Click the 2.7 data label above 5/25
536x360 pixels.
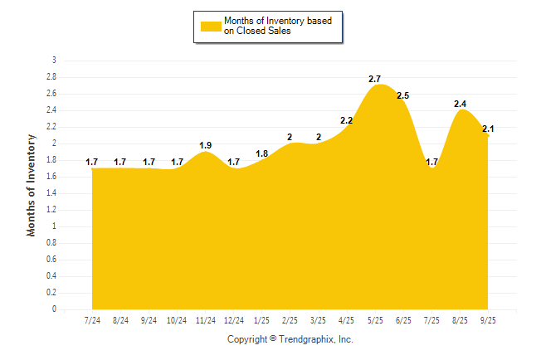[375, 79]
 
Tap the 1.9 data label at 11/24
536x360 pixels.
[205, 145]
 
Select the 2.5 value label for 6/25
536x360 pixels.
[403, 96]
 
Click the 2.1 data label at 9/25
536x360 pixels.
[488, 129]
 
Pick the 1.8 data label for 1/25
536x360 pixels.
[262, 153]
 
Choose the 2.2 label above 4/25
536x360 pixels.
[347, 121]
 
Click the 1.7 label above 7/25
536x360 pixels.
[432, 162]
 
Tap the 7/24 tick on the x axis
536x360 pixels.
[92, 320]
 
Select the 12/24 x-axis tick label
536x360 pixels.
[234, 320]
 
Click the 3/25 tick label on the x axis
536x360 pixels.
[319, 320]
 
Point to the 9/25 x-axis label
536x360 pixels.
[489, 320]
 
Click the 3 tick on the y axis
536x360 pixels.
[54, 61]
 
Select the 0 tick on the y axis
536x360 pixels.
[54, 309]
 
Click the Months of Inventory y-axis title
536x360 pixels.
[32, 185]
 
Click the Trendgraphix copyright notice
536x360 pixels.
[290, 339]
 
